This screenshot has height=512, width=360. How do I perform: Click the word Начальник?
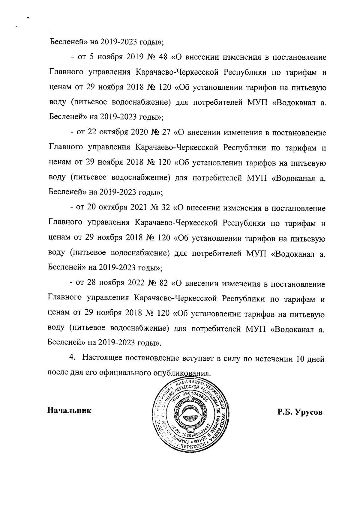click(69, 410)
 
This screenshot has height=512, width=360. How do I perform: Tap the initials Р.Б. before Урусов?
click(285, 412)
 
